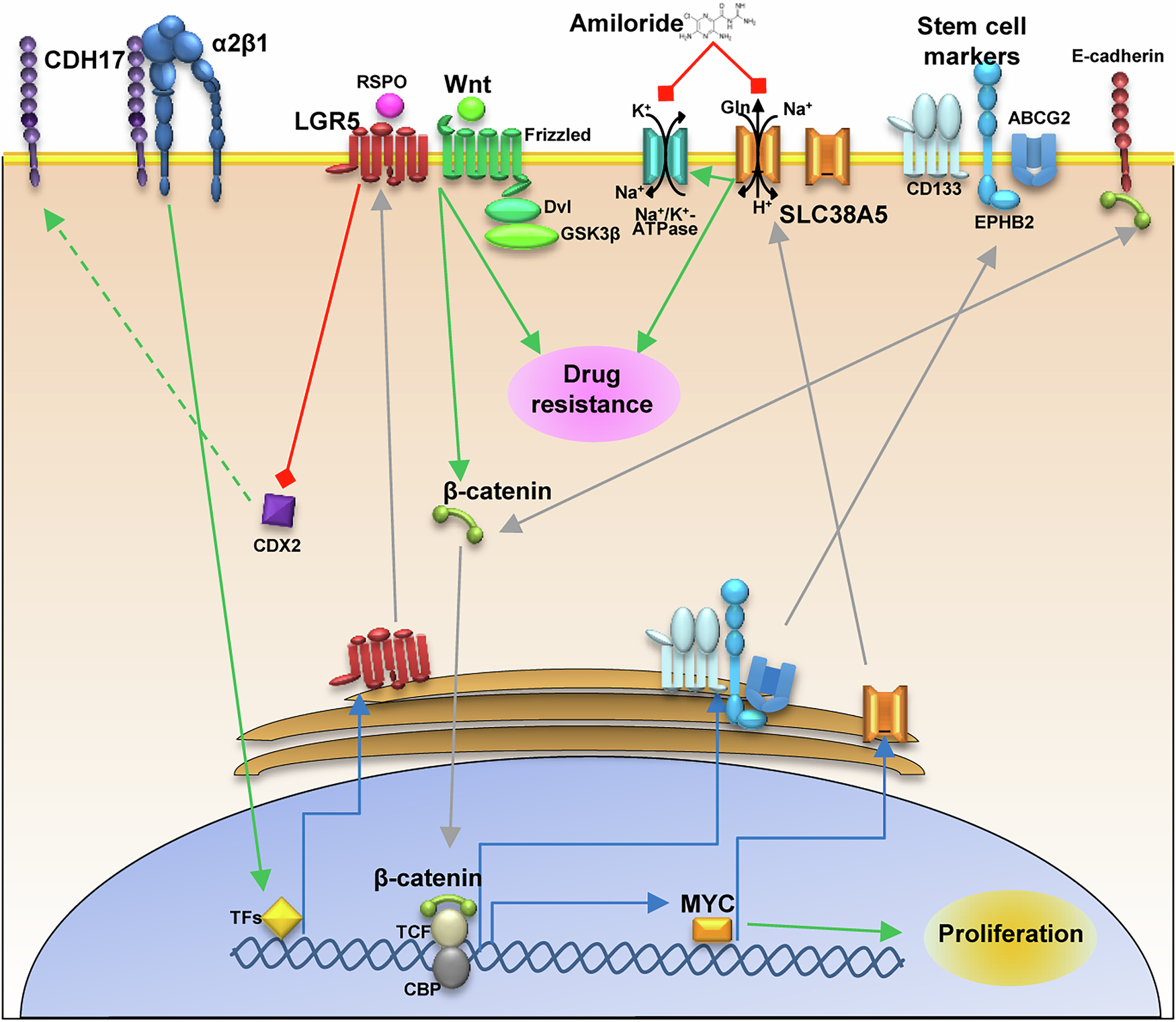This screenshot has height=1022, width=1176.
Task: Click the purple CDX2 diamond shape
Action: tap(278, 510)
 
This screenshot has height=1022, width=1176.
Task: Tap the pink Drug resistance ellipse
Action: tap(593, 393)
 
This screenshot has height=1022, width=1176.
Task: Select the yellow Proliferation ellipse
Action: tap(1010, 936)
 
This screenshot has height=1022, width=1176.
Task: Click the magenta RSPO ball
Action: tap(390, 106)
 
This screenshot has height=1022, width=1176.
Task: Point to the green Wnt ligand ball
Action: tap(471, 108)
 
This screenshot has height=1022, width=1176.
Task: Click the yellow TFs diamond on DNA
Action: tap(281, 918)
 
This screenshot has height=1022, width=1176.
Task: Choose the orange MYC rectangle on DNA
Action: tap(712, 930)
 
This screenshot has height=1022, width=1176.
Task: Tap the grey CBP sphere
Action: tap(450, 968)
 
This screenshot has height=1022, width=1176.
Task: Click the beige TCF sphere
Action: tap(449, 929)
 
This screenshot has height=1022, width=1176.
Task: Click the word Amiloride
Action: tap(626, 24)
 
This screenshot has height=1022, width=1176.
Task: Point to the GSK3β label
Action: tap(590, 235)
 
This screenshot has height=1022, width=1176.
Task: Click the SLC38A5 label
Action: tap(833, 215)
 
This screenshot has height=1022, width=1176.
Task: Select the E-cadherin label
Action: tap(1117, 56)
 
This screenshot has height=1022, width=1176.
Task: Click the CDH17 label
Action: tap(83, 61)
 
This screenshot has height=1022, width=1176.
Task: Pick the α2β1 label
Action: tap(240, 44)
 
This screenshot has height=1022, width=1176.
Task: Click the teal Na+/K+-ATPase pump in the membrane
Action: tap(665, 156)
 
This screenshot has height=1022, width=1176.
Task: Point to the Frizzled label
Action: tap(557, 135)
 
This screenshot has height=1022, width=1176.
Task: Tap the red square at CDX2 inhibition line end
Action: tap(286, 479)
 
